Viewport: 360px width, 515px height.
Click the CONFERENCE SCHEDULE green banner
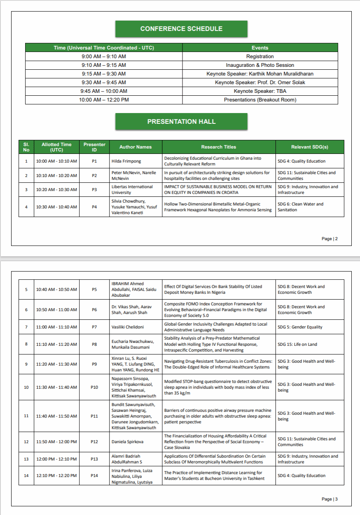(x=181, y=29)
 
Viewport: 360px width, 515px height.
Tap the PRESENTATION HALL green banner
(x=181, y=122)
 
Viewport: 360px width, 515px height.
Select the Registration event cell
(x=260, y=57)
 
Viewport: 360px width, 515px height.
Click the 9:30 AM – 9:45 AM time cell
(x=104, y=83)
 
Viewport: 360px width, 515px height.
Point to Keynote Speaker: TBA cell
(x=260, y=91)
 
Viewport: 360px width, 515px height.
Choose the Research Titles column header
(x=218, y=147)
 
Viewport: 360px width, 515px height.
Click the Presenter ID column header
(x=94, y=147)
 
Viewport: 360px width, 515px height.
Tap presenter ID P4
(x=94, y=207)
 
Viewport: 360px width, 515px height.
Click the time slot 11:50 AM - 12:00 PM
(x=56, y=442)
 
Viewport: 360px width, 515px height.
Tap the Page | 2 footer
(x=329, y=239)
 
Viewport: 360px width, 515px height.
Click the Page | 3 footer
(x=329, y=499)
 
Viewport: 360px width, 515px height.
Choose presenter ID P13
(x=94, y=459)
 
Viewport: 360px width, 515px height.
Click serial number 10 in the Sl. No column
(x=26, y=387)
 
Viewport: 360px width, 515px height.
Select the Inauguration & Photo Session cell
(x=260, y=65)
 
